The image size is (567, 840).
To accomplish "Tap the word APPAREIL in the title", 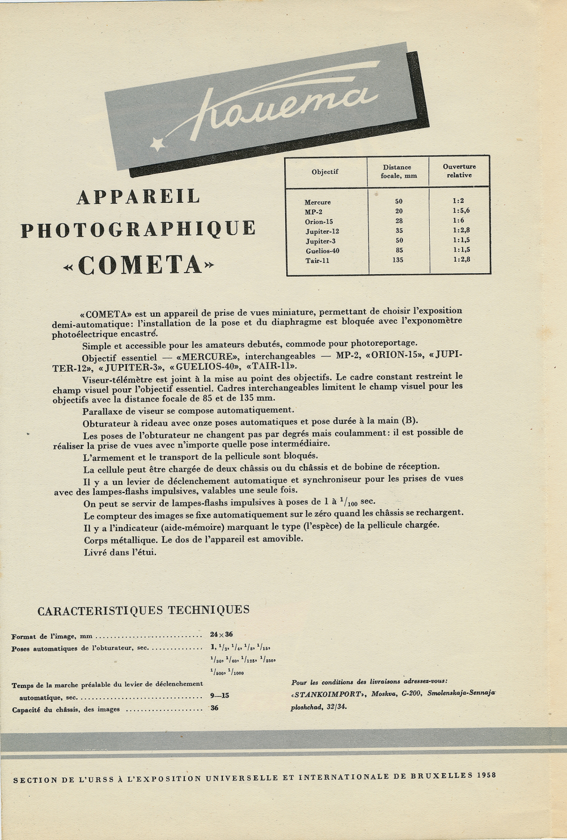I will [x=138, y=197].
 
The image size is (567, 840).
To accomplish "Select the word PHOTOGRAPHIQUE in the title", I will [x=138, y=229].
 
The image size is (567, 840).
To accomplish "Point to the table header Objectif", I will [x=325, y=172].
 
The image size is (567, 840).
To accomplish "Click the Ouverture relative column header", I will [x=459, y=171].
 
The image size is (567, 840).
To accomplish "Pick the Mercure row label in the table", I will [x=318, y=202].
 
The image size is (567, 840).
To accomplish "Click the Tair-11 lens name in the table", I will [x=318, y=261].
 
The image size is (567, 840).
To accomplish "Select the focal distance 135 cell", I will [x=397, y=260].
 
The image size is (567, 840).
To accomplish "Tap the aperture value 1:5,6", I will [x=461, y=211].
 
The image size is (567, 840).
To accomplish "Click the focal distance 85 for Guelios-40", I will [x=398, y=250].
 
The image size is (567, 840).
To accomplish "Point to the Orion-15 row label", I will [x=319, y=222].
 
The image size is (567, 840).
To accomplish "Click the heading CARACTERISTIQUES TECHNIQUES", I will [x=143, y=610].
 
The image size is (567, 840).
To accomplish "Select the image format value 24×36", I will [x=221, y=635].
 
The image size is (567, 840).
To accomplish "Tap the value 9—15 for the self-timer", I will [x=219, y=695].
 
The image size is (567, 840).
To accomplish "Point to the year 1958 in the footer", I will [x=487, y=775].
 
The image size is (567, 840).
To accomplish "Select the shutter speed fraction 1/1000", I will [x=235, y=672].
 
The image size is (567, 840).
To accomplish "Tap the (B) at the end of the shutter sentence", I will [x=409, y=421].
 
